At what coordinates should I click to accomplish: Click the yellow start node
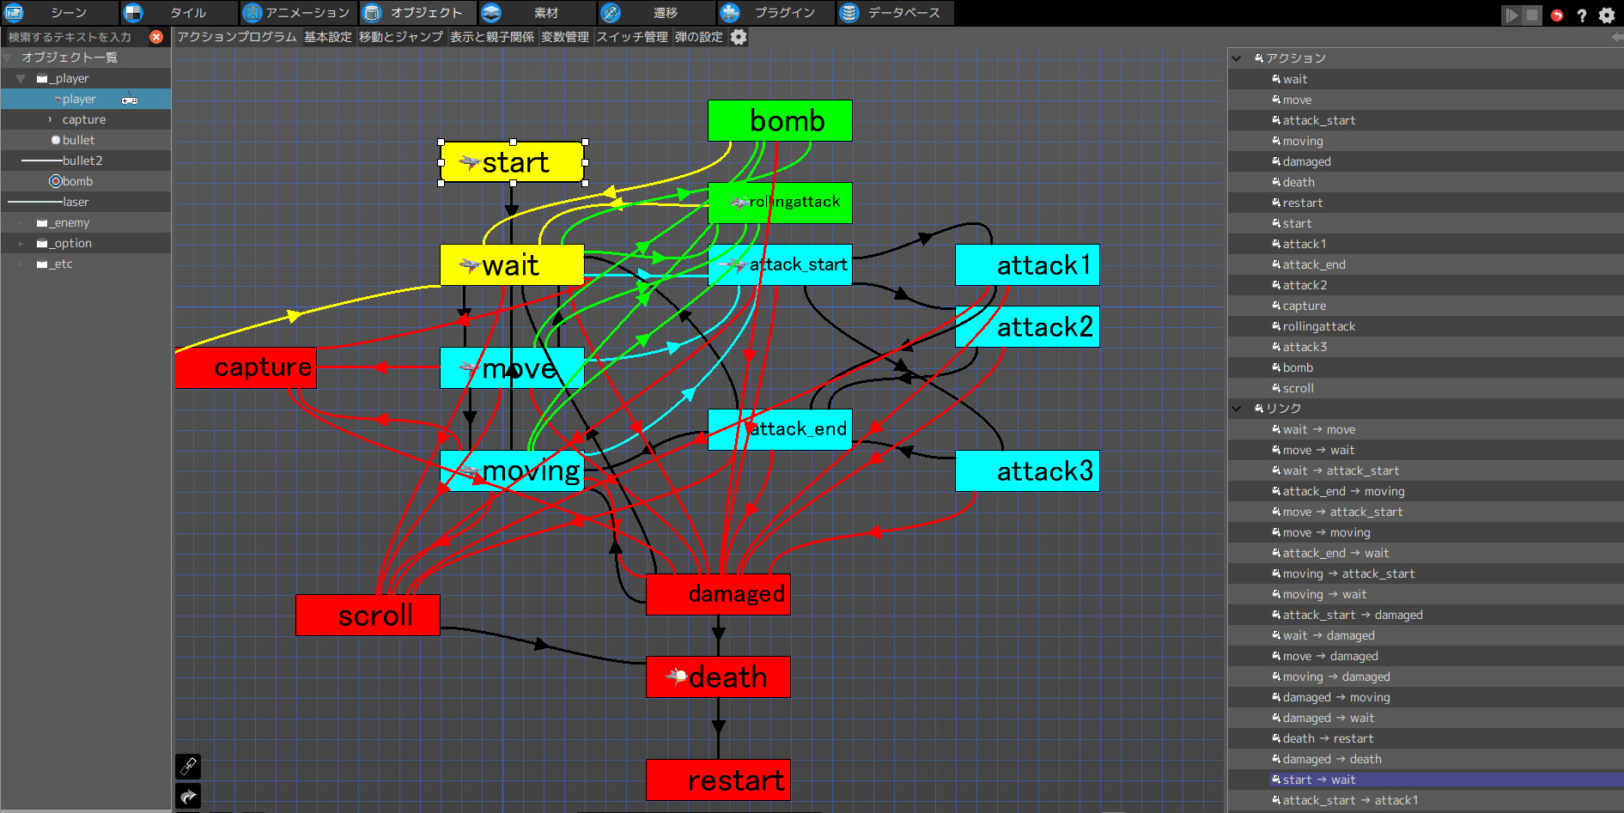(513, 162)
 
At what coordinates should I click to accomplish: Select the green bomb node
(780, 121)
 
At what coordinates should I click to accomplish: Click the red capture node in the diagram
(246, 367)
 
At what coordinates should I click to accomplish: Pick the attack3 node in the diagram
(1027, 471)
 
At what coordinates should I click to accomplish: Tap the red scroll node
(368, 616)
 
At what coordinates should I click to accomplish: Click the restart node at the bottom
(718, 780)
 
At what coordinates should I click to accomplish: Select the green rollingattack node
(780, 203)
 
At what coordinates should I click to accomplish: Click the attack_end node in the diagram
(780, 429)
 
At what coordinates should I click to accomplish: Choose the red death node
(718, 677)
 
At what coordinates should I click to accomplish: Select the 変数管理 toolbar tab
(565, 37)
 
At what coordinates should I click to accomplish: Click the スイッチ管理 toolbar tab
(632, 37)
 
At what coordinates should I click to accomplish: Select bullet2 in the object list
(82, 161)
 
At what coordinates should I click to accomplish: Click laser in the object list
(76, 202)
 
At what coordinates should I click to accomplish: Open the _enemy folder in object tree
(71, 222)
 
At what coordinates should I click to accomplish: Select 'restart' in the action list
(1303, 203)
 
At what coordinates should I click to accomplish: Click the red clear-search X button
(156, 37)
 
